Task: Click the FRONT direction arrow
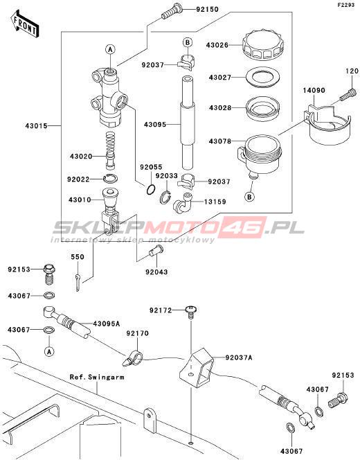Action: tap(25, 24)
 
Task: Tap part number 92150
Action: tap(207, 10)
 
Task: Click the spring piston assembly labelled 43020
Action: tap(110, 150)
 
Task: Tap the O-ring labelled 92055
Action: tap(151, 190)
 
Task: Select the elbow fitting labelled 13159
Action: tap(182, 202)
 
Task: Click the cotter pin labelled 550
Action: tap(78, 282)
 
